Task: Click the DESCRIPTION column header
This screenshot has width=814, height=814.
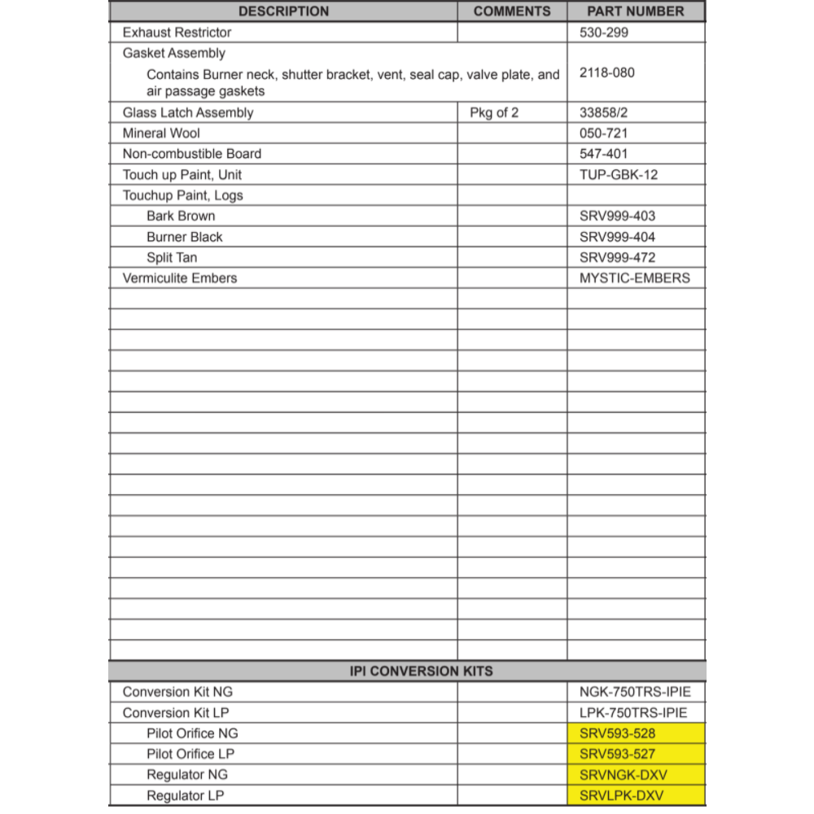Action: pyautogui.click(x=283, y=11)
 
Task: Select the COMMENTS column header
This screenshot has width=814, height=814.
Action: pyautogui.click(x=512, y=11)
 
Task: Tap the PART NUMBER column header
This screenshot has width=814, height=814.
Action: pyautogui.click(x=636, y=11)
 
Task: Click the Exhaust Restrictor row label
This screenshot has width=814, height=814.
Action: pyautogui.click(x=177, y=33)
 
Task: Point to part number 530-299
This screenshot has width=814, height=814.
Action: pyautogui.click(x=604, y=33)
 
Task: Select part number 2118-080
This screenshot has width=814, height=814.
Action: pyautogui.click(x=607, y=72)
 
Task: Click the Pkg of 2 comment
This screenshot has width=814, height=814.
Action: pyautogui.click(x=494, y=112)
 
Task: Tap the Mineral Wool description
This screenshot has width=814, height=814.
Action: pyautogui.click(x=161, y=133)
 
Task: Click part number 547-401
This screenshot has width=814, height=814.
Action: pyautogui.click(x=604, y=153)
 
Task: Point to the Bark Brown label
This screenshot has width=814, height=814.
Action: pyautogui.click(x=181, y=216)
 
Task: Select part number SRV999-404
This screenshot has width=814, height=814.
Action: pyautogui.click(x=617, y=237)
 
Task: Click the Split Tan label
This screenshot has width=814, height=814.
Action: pyautogui.click(x=172, y=257)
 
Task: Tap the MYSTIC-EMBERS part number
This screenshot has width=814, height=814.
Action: pyautogui.click(x=635, y=278)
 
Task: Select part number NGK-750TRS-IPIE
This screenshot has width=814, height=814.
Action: pyautogui.click(x=635, y=692)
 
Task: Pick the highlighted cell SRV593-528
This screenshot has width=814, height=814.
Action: pyautogui.click(x=617, y=733)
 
